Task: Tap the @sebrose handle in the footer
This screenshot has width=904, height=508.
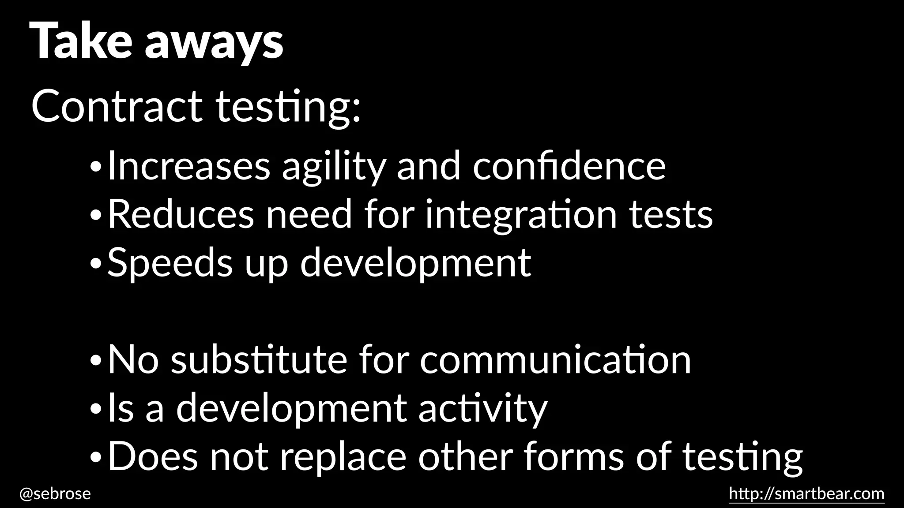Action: pos(55,493)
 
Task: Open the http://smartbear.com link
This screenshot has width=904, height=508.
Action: pos(806,493)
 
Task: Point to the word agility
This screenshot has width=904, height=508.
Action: pos(334,167)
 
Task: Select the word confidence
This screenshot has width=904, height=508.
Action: pos(569,167)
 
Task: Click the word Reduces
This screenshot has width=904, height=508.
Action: pos(181,215)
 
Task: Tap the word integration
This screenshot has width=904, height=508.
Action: pos(521,215)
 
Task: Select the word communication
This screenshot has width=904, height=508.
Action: pos(555,360)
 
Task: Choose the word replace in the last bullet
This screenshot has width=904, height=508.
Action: pos(343,457)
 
